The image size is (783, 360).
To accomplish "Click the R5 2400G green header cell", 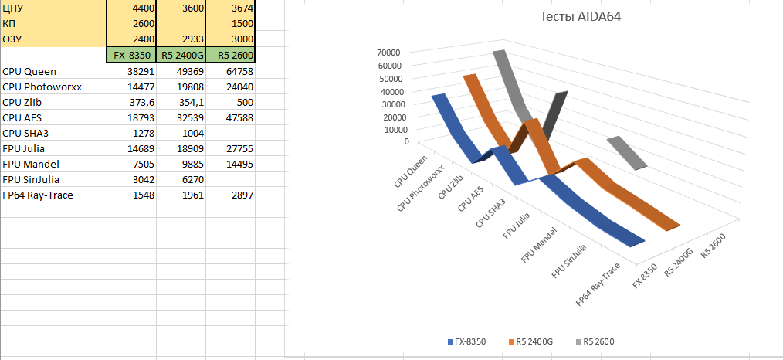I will coord(181,56).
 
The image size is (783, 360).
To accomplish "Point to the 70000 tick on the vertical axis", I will coord(388,52).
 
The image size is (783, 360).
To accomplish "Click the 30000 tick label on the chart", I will coord(388,104).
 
